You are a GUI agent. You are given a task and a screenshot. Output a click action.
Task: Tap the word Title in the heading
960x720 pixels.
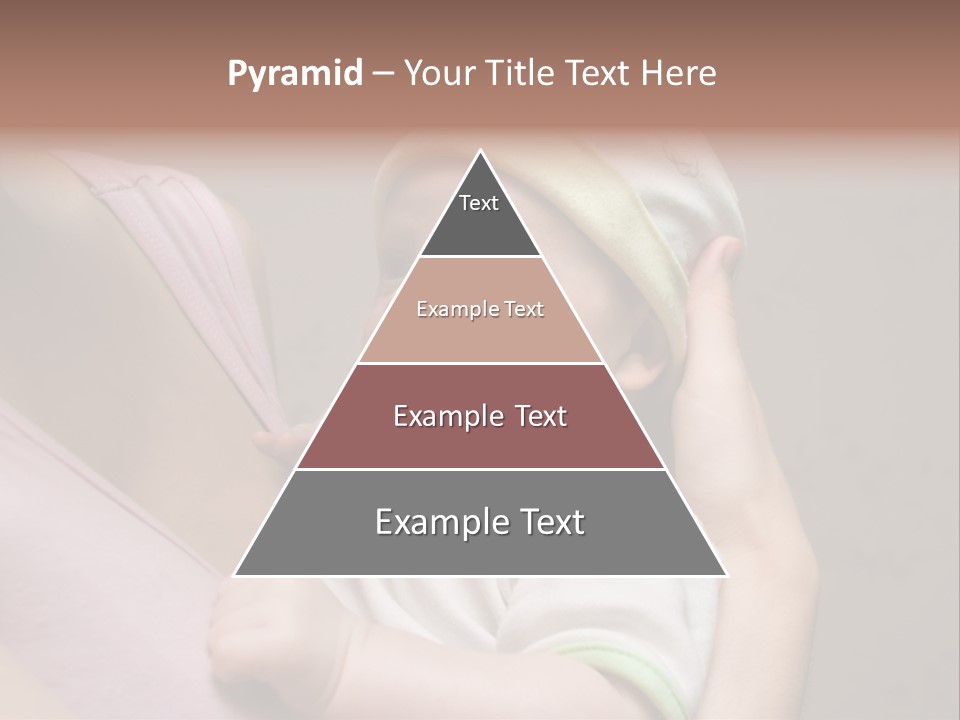coord(526,74)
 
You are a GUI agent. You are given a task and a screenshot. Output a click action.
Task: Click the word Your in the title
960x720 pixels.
coord(438,74)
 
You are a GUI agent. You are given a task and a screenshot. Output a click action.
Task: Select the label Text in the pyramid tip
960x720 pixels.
coord(479,203)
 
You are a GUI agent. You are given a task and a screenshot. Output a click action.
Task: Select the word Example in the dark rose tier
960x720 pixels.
coord(447,416)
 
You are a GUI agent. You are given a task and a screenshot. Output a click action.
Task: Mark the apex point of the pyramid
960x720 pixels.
coord(480,152)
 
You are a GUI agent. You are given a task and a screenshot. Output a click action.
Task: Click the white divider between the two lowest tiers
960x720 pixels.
coord(480,469)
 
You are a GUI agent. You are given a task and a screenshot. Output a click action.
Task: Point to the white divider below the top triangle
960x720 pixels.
coord(480,257)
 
